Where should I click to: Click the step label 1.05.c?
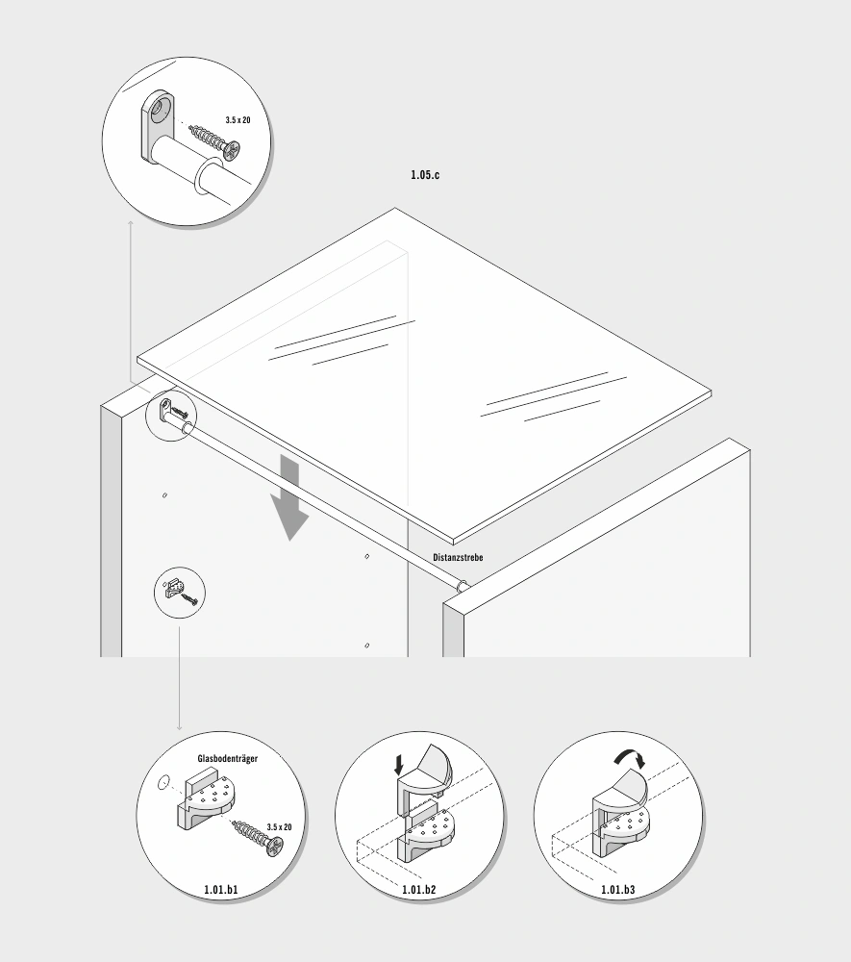point(425,175)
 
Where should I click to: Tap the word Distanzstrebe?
point(458,558)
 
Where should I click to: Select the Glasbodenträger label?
point(228,759)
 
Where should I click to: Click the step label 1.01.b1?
point(221,890)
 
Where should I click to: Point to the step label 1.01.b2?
point(418,890)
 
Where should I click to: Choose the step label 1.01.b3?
point(617,890)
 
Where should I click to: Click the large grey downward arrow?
point(289,497)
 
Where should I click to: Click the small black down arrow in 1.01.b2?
point(399,765)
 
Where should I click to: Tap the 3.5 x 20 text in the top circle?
point(238,120)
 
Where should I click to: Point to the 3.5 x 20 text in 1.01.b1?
point(279,827)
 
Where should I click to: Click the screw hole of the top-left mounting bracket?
point(159,108)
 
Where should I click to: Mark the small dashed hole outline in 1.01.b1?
point(163,783)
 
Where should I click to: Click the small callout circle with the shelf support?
point(179,593)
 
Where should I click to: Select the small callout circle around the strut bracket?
point(171,416)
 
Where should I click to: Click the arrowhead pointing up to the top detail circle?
point(131,222)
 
